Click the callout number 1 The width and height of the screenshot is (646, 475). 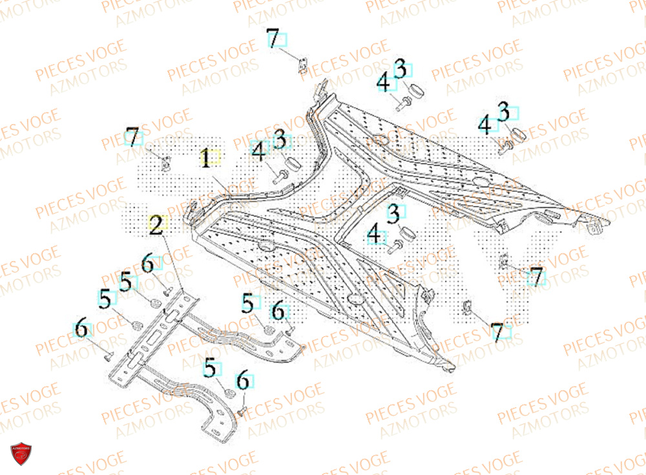click(x=205, y=159)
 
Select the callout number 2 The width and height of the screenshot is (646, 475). click(x=156, y=225)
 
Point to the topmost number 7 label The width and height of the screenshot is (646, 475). click(x=273, y=39)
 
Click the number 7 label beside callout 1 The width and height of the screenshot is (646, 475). click(x=132, y=137)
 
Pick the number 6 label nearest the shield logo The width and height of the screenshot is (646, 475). click(x=81, y=329)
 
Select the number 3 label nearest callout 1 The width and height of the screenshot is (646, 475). click(x=280, y=138)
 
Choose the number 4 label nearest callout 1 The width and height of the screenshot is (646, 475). click(x=258, y=153)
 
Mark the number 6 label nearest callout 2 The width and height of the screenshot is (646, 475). click(x=148, y=264)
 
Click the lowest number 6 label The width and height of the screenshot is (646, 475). click(x=243, y=381)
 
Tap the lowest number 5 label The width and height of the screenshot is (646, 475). click(x=209, y=368)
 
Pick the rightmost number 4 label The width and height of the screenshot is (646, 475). click(x=484, y=125)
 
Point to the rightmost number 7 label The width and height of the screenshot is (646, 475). click(x=536, y=275)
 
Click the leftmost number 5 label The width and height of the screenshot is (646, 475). click(x=105, y=299)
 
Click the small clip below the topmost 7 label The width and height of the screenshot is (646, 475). click(x=302, y=66)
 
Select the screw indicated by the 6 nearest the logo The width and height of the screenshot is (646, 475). click(x=108, y=354)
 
